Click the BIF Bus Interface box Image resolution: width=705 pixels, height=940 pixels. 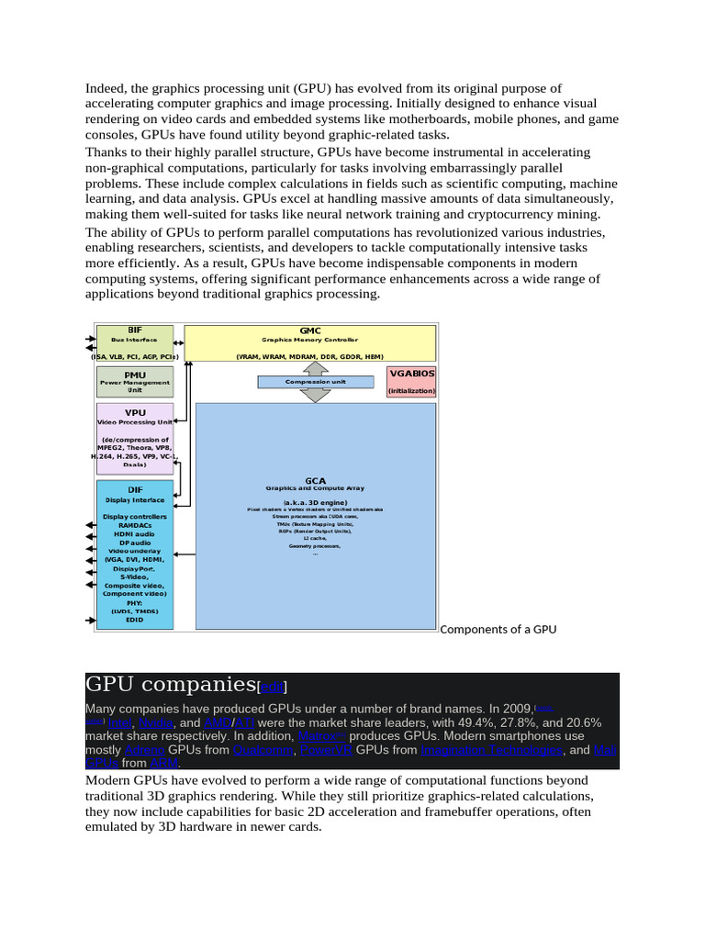(x=135, y=341)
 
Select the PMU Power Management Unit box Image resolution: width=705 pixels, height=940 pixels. (x=135, y=382)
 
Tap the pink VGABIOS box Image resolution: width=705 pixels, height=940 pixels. (x=411, y=382)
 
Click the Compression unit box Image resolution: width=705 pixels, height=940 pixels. (x=315, y=381)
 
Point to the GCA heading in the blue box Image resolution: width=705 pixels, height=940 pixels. (x=315, y=480)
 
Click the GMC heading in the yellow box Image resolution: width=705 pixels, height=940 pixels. (x=310, y=330)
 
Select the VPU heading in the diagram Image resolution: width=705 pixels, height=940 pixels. (x=135, y=413)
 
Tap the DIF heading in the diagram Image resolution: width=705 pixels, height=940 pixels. (x=135, y=490)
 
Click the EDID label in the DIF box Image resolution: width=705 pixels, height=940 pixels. (x=135, y=620)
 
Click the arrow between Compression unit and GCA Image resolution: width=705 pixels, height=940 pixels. (x=315, y=395)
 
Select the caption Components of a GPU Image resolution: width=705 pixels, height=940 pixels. (x=498, y=629)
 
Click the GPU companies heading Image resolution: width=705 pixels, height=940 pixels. (x=170, y=684)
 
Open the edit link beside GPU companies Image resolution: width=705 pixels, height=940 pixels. (x=274, y=687)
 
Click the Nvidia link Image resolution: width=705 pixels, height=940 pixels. (x=153, y=722)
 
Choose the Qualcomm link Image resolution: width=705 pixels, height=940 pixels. (x=263, y=750)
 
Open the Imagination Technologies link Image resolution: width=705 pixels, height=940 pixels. (x=491, y=750)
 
